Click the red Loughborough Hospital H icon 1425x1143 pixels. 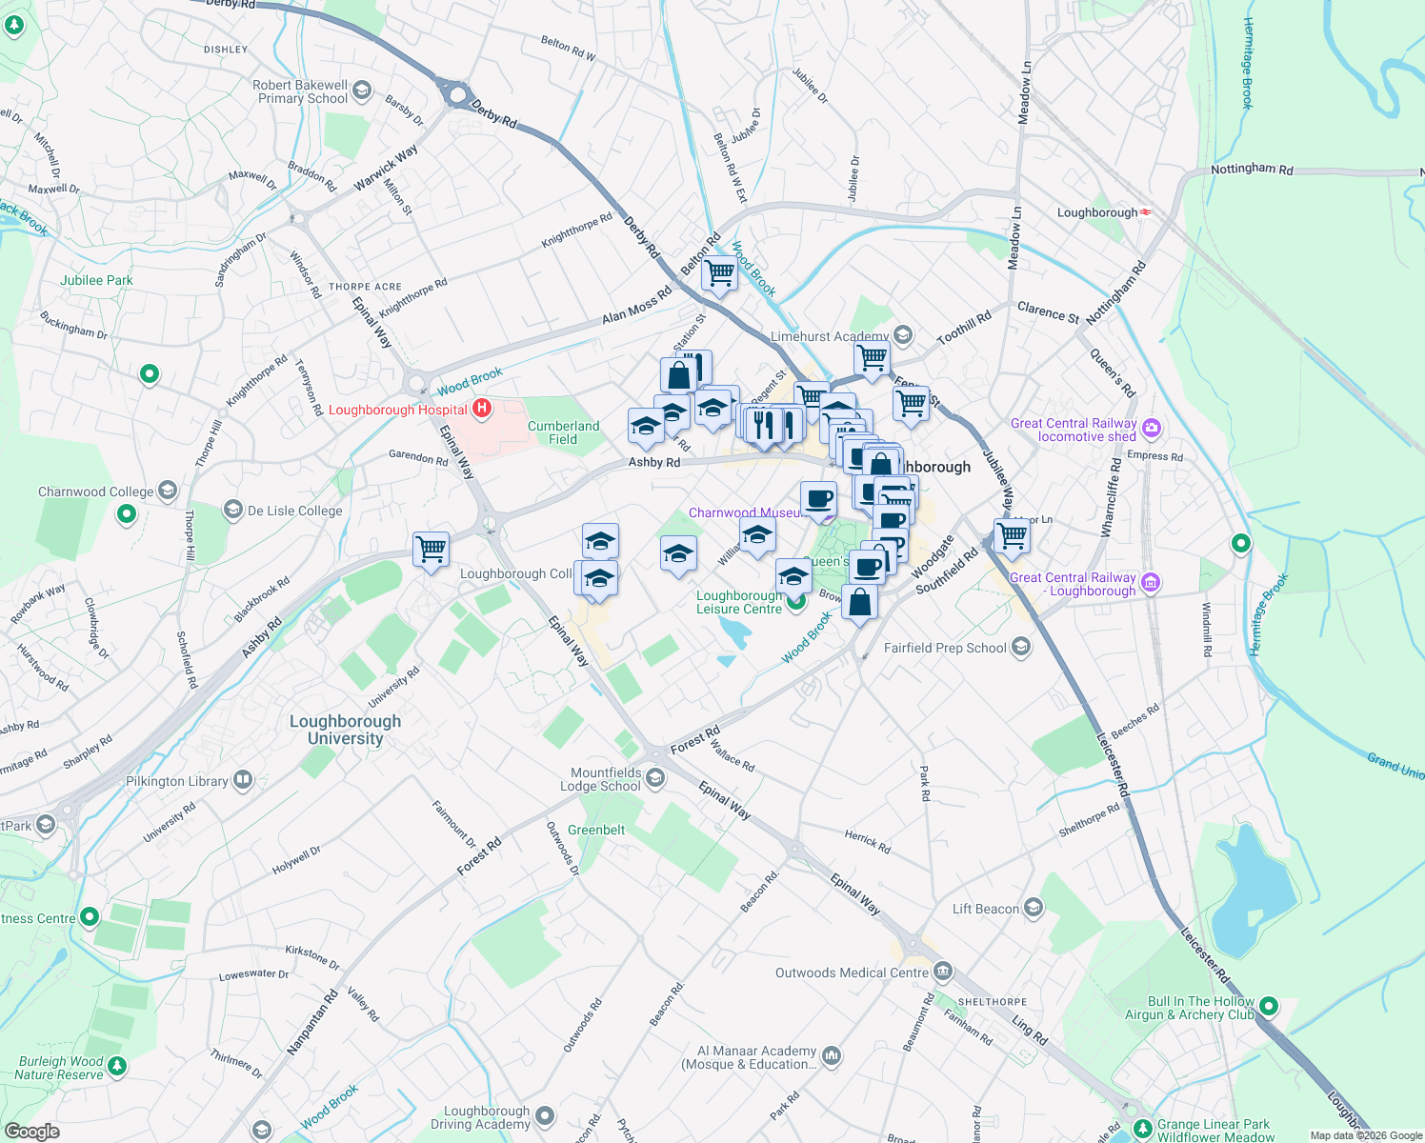[482, 410]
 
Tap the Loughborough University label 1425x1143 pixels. [345, 730]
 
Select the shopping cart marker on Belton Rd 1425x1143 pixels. [719, 273]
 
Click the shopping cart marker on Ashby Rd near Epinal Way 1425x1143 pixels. [432, 549]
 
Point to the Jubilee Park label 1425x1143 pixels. [96, 280]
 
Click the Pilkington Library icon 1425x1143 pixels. [243, 781]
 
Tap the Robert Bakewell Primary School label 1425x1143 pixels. [301, 91]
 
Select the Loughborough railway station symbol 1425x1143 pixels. [1146, 212]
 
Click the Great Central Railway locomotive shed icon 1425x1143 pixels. [1152, 429]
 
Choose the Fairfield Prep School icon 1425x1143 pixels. [1021, 648]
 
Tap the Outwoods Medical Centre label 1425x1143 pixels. [852, 973]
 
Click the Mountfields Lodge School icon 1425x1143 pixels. [655, 779]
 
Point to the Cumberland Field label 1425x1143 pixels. [563, 432]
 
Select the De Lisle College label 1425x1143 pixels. [294, 511]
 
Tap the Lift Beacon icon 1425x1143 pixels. [1034, 909]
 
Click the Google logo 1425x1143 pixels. [31, 1131]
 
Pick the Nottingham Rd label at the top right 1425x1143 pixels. [1252, 170]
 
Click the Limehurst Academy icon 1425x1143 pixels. [903, 335]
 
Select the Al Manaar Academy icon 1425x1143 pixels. [832, 1055]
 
